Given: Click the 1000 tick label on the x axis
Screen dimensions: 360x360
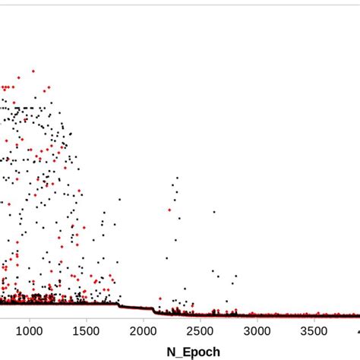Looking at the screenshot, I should coord(30,332).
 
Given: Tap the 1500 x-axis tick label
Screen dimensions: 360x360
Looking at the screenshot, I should coord(87,332).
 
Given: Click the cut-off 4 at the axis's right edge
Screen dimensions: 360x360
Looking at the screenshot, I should coord(357,332).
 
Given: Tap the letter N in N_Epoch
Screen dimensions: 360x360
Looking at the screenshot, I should coord(170,351).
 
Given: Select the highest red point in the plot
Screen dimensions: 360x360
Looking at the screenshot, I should coord(33,71).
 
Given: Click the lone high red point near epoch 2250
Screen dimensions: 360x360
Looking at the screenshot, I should coord(169,210).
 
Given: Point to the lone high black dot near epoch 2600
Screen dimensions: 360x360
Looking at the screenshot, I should coord(214,212).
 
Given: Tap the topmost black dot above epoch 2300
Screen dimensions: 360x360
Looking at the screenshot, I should coord(177,178).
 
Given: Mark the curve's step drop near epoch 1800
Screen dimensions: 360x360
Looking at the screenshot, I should coord(119,305).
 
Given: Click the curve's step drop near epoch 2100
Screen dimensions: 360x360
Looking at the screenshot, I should coord(154,311).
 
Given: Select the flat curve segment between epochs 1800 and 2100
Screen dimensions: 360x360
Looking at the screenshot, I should coord(137,308).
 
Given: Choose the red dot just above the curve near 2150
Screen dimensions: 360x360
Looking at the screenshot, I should coord(159,298).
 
